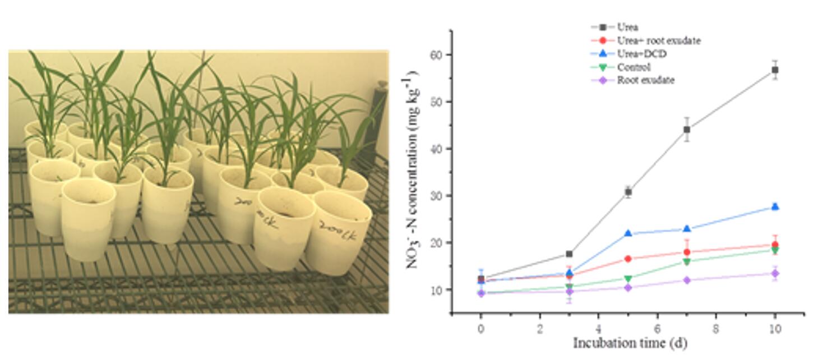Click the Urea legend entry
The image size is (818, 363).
coord(627,27)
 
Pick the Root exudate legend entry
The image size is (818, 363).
coord(645,80)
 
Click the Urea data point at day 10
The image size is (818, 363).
coord(775,70)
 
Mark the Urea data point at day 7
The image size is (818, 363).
coord(687,130)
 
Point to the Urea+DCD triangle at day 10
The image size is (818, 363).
coord(775,206)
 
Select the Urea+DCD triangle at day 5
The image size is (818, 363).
coord(628,233)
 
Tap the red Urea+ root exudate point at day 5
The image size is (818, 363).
coord(628,259)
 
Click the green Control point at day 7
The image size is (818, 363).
coord(687,262)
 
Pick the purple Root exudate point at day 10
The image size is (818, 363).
coord(775,273)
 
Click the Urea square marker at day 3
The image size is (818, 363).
coord(569,254)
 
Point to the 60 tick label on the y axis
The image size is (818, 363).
coord(438,55)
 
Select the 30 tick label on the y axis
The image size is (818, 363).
coord(438,196)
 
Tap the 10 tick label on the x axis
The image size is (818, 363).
coord(775,329)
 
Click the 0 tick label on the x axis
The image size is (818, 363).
coord(480,329)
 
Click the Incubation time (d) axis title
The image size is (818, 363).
coord(630,343)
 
